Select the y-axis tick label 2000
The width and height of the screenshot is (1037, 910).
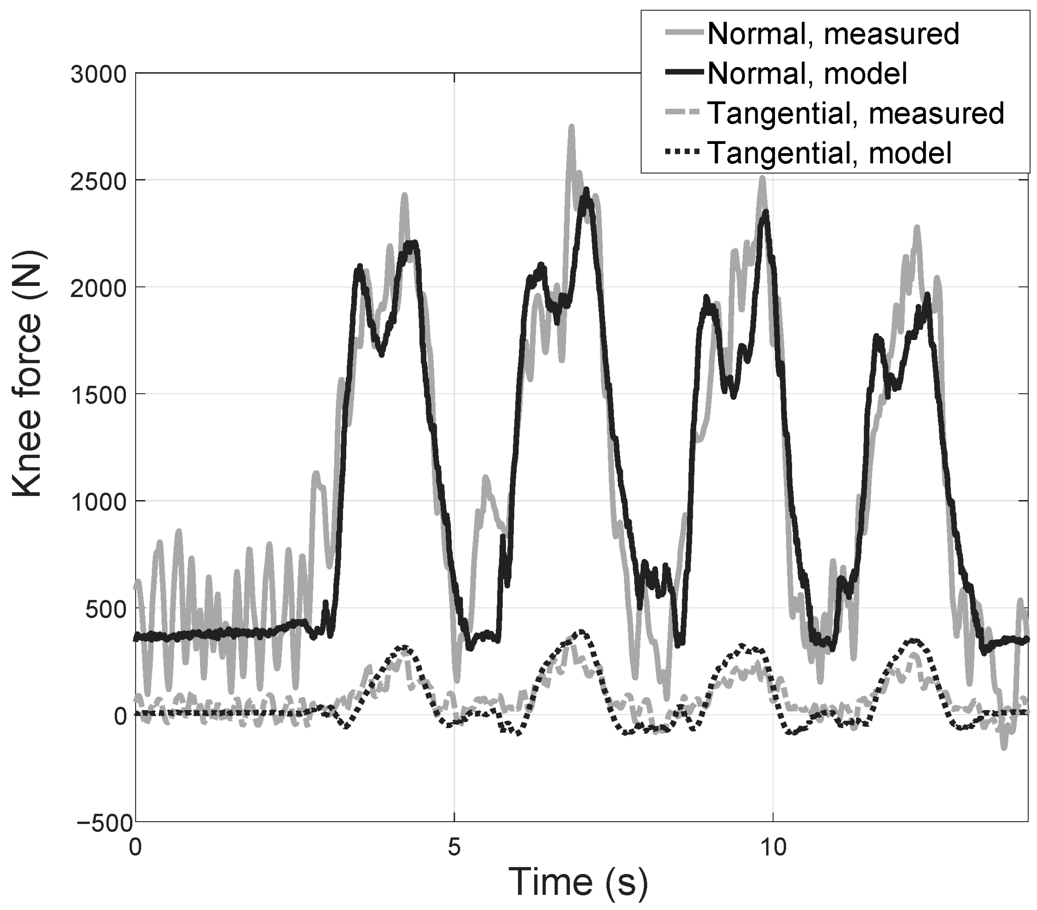tap(98, 287)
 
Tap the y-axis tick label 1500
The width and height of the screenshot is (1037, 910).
tap(98, 395)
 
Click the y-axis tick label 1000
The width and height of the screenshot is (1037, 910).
tap(98, 502)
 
